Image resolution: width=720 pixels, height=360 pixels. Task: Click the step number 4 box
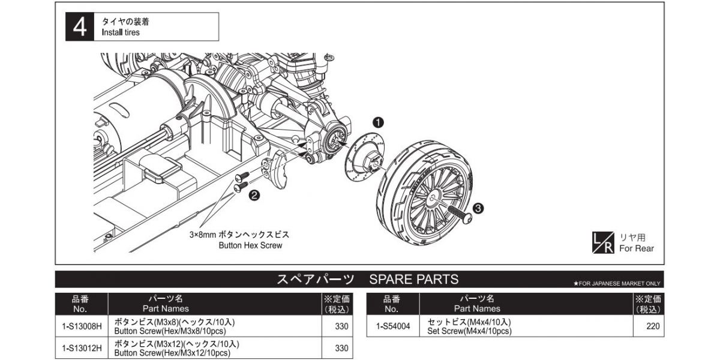point(80,27)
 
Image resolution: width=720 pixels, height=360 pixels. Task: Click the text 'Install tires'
point(121,32)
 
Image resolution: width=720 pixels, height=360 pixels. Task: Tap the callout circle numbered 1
point(379,122)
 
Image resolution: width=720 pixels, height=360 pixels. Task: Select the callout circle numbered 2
point(254,194)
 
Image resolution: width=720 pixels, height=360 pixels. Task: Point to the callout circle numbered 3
point(478,208)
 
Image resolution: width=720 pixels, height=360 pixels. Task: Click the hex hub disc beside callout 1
point(362,157)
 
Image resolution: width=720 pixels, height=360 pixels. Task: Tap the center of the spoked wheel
point(432,197)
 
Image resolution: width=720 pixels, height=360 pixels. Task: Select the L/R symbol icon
point(602,242)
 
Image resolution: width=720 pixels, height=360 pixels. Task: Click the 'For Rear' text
point(636,248)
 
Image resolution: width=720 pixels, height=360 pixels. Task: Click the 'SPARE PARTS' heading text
point(414,279)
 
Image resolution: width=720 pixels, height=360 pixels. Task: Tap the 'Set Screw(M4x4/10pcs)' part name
point(469,331)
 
